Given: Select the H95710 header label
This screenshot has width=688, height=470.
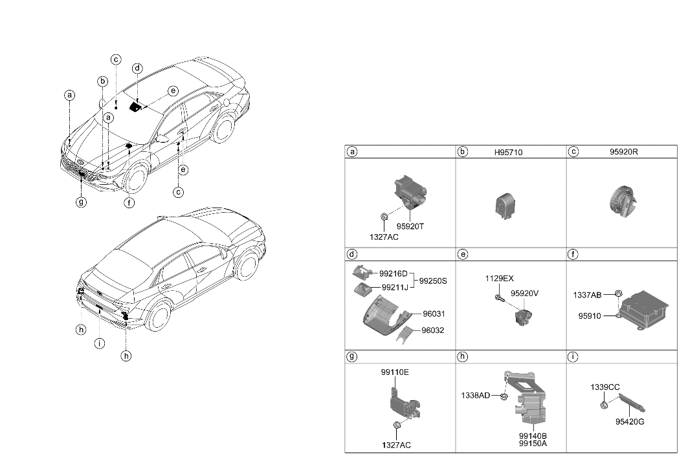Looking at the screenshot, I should tap(508, 153).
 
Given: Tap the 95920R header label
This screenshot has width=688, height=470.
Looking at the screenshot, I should tap(624, 153).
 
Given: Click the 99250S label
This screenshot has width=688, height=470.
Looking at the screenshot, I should tap(434, 281).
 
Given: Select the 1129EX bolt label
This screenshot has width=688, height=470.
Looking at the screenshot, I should tap(500, 279).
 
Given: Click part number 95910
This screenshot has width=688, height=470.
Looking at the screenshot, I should tap(590, 316).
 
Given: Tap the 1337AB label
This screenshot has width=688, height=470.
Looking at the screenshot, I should tap(588, 295).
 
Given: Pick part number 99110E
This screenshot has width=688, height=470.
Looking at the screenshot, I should tap(395, 373).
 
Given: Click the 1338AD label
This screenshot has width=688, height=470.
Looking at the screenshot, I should tap(476, 395).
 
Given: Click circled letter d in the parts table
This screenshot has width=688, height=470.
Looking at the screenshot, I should tap(353, 255).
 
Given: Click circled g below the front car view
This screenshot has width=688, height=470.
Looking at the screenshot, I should tap(81, 202).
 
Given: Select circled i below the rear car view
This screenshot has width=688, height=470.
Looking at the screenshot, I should tap(99, 343).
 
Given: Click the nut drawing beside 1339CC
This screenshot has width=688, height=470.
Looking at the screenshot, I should tap(604, 405).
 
